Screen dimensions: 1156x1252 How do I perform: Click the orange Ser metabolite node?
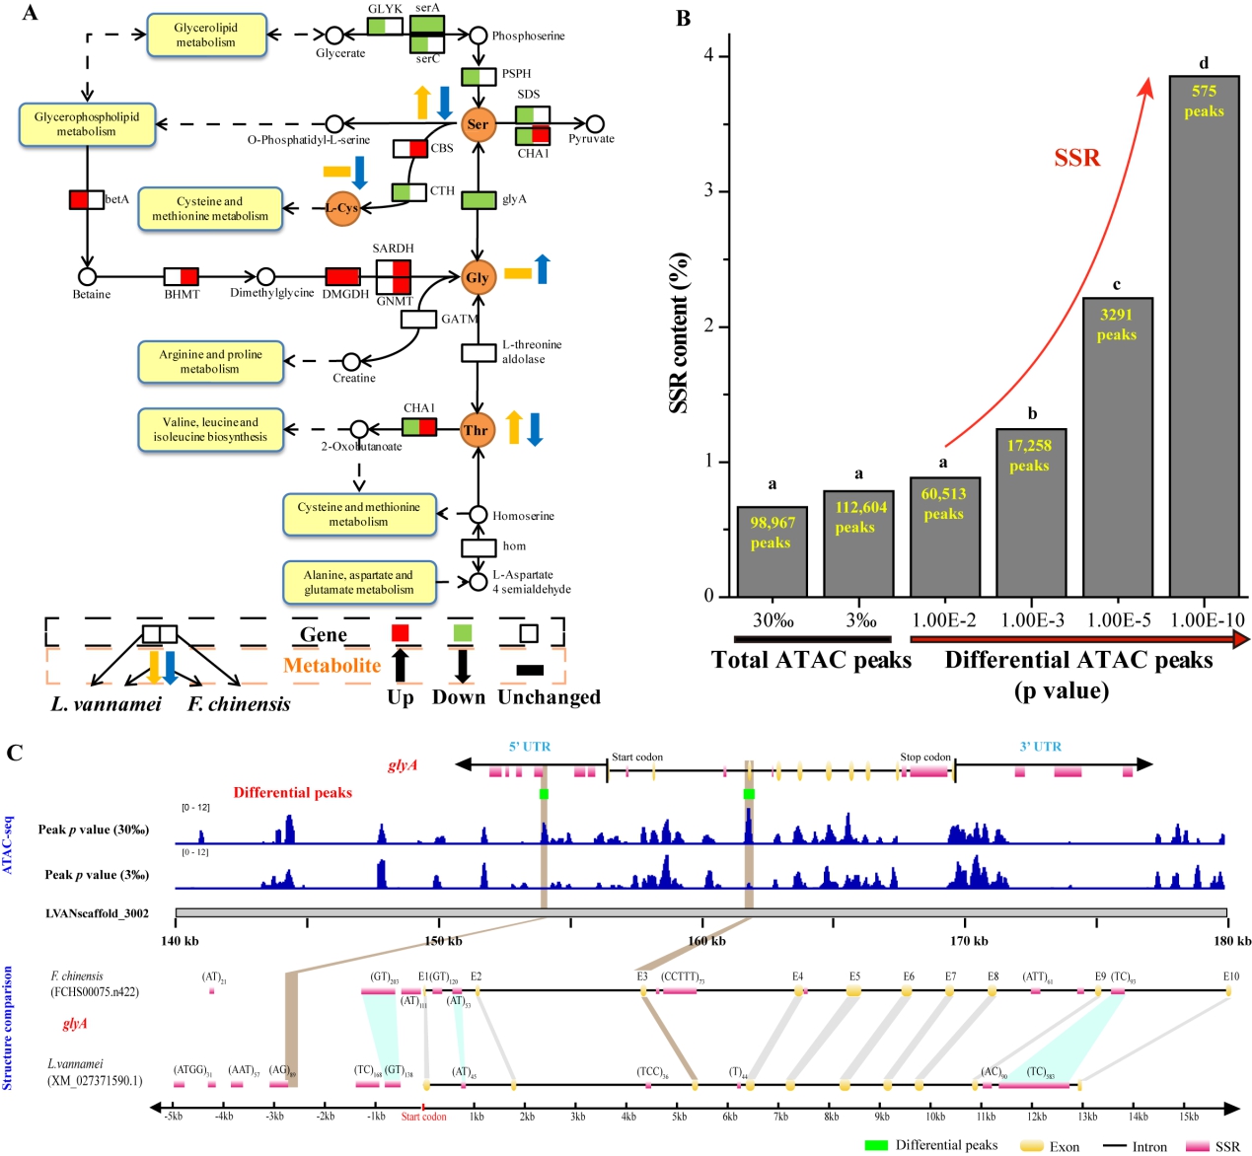(478, 124)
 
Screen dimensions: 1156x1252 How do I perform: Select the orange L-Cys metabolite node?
(341, 208)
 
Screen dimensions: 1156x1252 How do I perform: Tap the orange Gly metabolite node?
(478, 278)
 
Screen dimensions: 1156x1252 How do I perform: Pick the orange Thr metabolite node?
(477, 430)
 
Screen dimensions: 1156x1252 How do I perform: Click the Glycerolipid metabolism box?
(206, 36)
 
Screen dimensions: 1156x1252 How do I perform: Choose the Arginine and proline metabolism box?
(210, 362)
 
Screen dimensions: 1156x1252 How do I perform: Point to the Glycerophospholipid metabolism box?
(87, 124)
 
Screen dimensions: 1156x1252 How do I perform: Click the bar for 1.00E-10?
(1204, 335)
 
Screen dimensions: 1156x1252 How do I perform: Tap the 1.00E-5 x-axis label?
(1119, 620)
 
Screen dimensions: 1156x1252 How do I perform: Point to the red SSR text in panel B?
(1076, 158)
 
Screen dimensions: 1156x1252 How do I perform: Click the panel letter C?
(15, 754)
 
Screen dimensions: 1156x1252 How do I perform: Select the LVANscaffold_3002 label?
(97, 913)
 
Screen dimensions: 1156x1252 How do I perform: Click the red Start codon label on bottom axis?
(424, 1117)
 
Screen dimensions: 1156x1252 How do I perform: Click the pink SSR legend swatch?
(1197, 1146)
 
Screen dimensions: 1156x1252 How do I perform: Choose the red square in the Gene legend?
(400, 633)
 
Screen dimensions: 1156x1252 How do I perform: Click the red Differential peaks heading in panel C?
(292, 793)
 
